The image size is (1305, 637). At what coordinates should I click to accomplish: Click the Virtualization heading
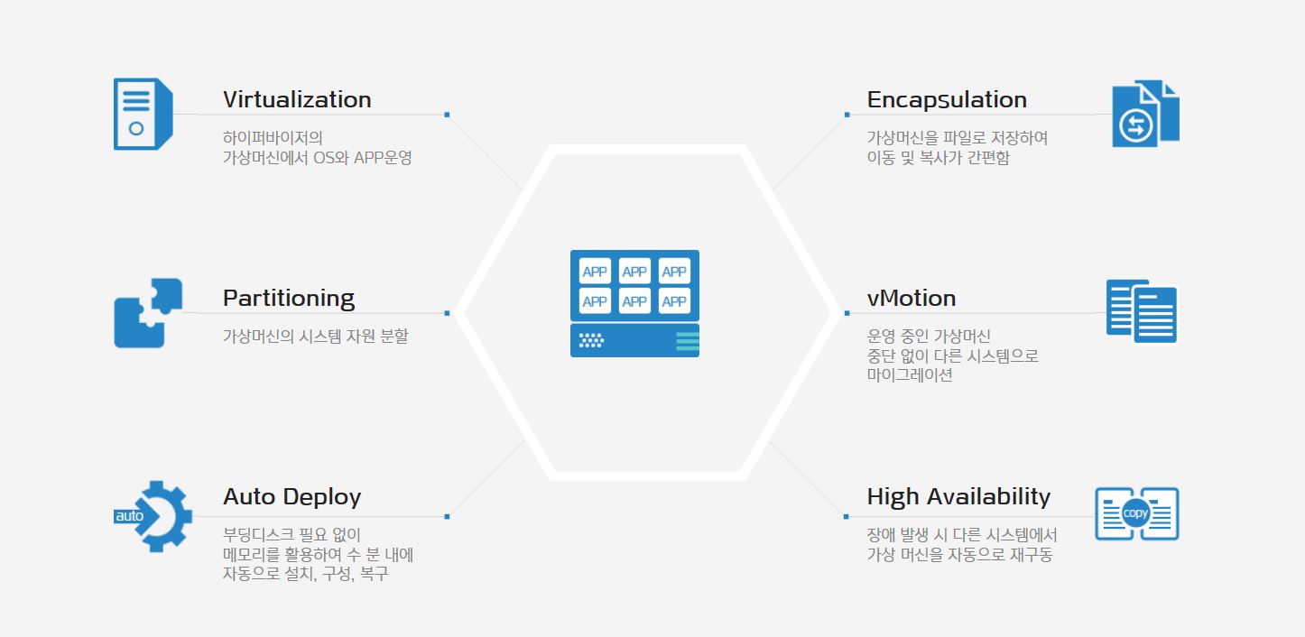click(297, 99)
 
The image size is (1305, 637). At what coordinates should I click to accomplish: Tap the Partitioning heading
click(289, 299)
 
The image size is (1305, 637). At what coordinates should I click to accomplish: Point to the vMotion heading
click(912, 298)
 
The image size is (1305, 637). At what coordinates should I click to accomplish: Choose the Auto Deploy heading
click(292, 497)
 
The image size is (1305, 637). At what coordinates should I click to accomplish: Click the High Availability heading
click(958, 497)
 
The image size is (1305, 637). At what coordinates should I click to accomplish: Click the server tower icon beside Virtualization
click(143, 114)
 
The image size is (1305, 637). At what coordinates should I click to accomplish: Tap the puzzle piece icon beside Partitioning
click(148, 313)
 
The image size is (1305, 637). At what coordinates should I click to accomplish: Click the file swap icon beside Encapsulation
click(1145, 114)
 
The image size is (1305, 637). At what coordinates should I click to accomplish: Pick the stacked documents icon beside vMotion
click(1142, 311)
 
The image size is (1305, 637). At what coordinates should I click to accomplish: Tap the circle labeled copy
click(1135, 513)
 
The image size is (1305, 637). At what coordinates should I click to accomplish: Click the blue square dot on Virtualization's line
click(447, 115)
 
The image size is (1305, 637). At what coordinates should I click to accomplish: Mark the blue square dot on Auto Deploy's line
click(447, 516)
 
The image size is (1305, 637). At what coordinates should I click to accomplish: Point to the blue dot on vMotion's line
click(847, 313)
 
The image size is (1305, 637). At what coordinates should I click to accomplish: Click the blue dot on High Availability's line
click(846, 516)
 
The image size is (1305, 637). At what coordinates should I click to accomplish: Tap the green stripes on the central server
click(688, 341)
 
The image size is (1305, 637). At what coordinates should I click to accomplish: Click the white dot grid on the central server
click(591, 341)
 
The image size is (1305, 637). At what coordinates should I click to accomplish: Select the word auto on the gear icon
click(129, 516)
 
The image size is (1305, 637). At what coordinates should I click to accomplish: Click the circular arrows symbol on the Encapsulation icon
click(1135, 125)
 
